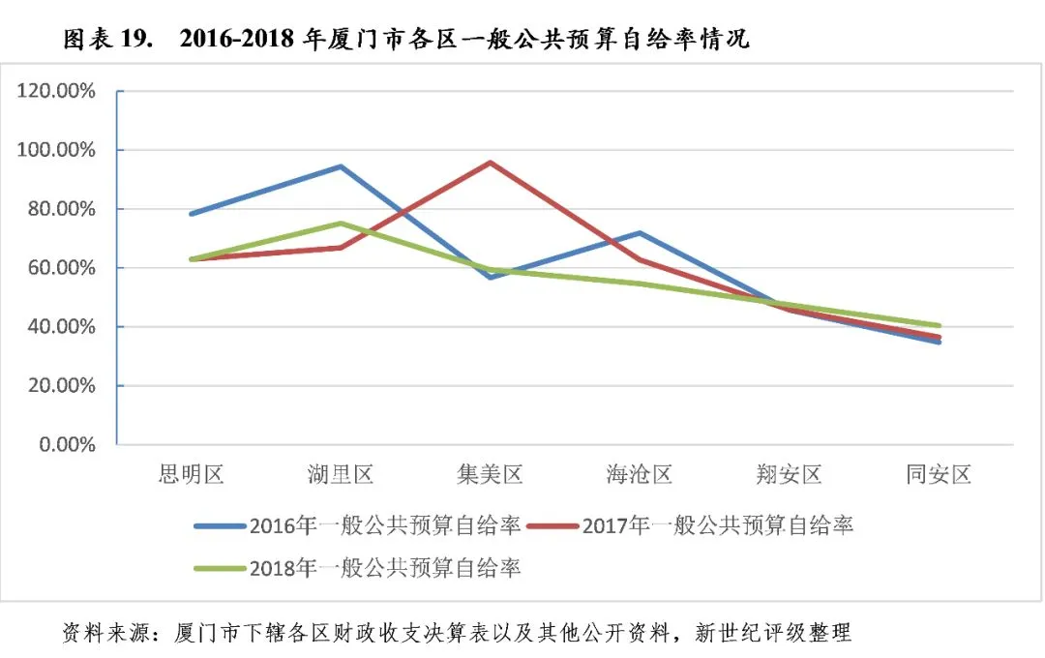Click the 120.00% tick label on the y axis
pos(56,91)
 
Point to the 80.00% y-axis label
pos(61,209)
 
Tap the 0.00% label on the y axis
pos(68,444)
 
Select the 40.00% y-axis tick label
pos(61,327)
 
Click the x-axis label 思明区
pos(192,474)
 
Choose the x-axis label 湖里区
pos(341,474)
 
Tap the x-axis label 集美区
pos(490,474)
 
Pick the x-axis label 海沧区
pos(640,474)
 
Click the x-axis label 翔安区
pos(790,474)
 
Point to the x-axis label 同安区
pos(939,474)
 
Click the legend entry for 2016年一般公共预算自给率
pos(357,526)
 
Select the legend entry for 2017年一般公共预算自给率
pos(691,526)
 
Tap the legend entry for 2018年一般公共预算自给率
pos(357,568)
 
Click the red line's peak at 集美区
pos(490,163)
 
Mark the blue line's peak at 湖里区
pos(341,166)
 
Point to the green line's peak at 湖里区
pos(341,224)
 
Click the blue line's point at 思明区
pos(192,214)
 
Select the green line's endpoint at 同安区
pos(939,326)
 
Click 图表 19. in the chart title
pos(108,40)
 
